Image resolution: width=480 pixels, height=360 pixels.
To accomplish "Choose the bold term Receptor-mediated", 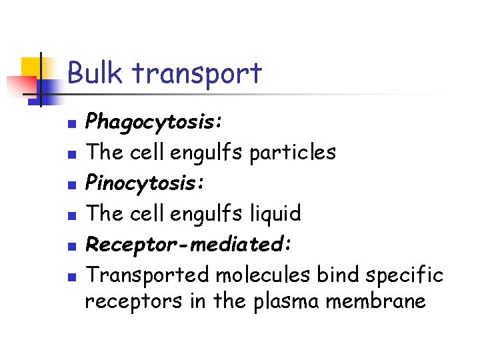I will [x=189, y=244].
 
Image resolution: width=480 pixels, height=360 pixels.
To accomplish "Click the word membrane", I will [x=377, y=301].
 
